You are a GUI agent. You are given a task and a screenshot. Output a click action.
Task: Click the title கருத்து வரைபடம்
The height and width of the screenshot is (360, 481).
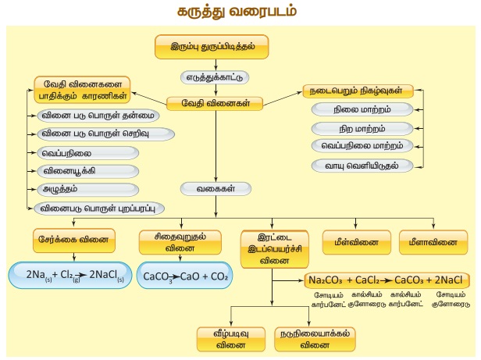click(240, 13)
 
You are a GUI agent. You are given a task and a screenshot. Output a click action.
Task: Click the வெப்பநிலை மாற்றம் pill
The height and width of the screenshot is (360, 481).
click(362, 146)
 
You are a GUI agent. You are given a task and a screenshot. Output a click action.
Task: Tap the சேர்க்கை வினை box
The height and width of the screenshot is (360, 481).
click(74, 238)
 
